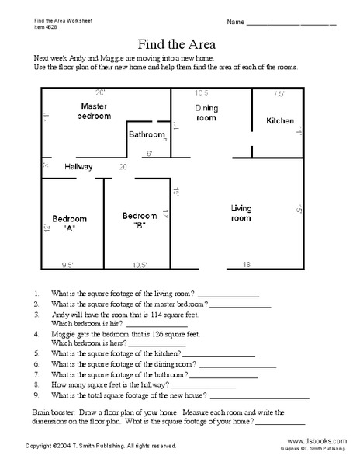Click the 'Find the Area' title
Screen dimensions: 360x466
180,43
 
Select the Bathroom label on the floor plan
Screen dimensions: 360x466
147,135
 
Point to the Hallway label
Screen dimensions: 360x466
79,167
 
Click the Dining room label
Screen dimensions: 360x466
206,113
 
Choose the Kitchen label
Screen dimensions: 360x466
280,121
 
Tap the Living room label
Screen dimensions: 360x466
241,213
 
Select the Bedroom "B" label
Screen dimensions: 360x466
140,220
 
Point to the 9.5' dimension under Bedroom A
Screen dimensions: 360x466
71,265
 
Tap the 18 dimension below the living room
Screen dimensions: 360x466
247,265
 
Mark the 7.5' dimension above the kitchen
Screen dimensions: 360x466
279,94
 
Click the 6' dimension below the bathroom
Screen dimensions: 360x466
148,153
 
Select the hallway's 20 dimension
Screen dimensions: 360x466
123,167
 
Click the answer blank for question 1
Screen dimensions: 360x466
229,296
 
